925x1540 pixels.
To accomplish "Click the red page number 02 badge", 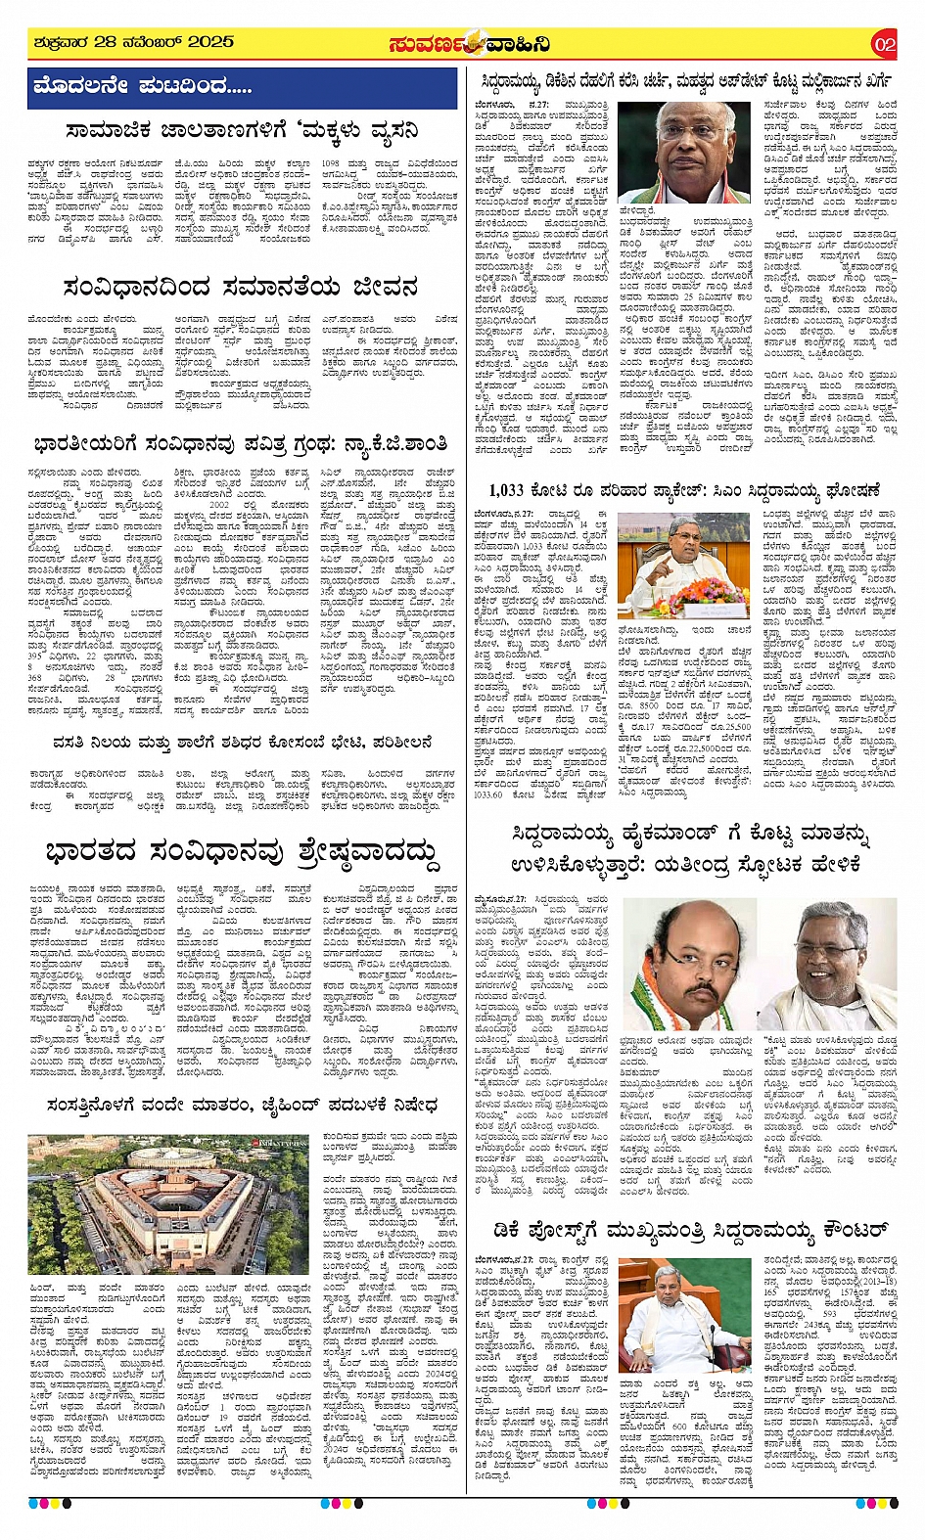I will (x=884, y=44).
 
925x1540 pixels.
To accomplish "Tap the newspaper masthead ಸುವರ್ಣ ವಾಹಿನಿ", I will (x=469, y=44).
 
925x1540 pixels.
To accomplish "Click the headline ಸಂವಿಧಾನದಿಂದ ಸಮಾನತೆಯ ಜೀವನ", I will (x=241, y=288).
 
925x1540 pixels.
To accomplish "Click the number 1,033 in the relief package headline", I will (x=507, y=489).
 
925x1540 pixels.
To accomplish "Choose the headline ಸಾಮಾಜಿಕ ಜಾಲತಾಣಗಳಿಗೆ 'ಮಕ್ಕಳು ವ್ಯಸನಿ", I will (x=241, y=129).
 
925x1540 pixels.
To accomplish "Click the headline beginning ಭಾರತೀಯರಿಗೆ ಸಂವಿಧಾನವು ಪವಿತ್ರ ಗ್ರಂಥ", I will (x=241, y=444).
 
